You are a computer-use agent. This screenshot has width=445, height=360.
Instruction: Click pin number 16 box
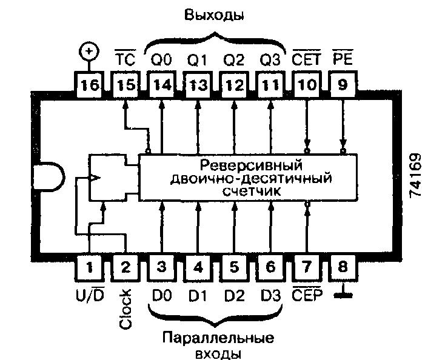click(89, 85)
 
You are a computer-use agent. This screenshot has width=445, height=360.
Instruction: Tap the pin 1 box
click(90, 267)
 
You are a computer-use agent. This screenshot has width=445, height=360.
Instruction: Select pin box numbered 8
click(343, 267)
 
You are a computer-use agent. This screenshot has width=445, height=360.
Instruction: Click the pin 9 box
click(343, 85)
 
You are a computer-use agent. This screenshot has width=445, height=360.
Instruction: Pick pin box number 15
click(125, 85)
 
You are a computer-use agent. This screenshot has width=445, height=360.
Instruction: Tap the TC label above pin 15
click(125, 59)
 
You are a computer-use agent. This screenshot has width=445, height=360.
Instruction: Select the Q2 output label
click(234, 59)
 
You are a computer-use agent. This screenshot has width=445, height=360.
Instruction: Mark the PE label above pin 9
click(343, 59)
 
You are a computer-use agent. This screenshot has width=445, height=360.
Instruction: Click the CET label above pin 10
click(307, 59)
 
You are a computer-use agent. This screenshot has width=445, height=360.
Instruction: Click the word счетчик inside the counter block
click(249, 190)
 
